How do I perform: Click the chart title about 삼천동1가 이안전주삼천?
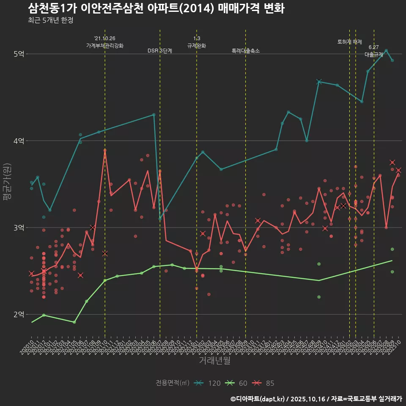pos(156,8)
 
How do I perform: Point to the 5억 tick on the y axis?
pos(19,54)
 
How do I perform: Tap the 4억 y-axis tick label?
pos(19,141)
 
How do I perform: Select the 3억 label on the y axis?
pos(19,228)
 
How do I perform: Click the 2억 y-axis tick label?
pos(19,315)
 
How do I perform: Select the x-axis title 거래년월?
pos(215,360)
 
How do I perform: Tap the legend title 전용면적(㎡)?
pos(172,383)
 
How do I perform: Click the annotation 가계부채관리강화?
pos(105,45)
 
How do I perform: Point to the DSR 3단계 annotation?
pos(160,51)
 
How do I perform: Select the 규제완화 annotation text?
pos(197,45)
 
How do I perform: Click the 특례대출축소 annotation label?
pos(246,51)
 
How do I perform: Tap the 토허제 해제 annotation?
pos(350,42)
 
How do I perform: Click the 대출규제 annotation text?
pos(374,55)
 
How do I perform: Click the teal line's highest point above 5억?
pos(386,50)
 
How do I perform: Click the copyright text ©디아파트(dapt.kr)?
pos(259,399)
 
